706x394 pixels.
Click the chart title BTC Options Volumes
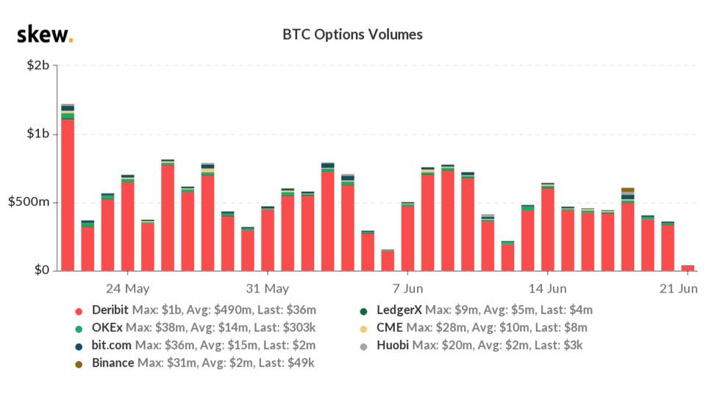[352, 35]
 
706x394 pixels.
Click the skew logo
[44, 34]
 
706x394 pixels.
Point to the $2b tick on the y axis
[37, 66]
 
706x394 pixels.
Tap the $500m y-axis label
[29, 202]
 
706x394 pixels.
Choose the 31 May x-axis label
[267, 288]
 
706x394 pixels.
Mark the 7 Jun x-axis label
[407, 288]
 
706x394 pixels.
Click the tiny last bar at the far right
[688, 268]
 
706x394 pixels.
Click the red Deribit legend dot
[79, 310]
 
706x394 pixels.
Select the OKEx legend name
[108, 328]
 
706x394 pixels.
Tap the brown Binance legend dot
[79, 362]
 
